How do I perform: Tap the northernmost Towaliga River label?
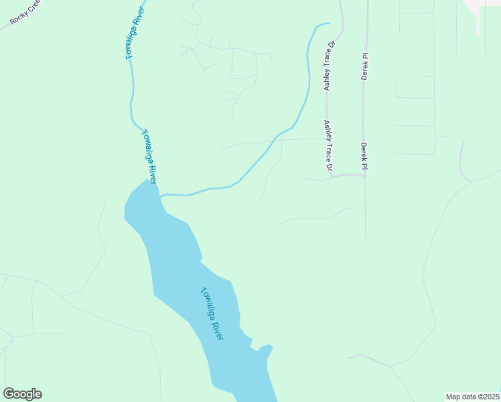[135, 34]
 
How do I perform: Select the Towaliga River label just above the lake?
[149, 156]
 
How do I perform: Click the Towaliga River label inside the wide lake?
[212, 314]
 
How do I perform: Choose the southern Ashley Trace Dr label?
[328, 145]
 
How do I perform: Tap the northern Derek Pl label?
[365, 66]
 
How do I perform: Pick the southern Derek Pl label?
[364, 154]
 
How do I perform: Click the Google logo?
[22, 394]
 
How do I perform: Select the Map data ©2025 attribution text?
[472, 397]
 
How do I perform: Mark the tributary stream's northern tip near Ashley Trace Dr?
[329, 24]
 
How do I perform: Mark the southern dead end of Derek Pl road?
[366, 235]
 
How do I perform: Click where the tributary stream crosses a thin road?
[275, 141]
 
